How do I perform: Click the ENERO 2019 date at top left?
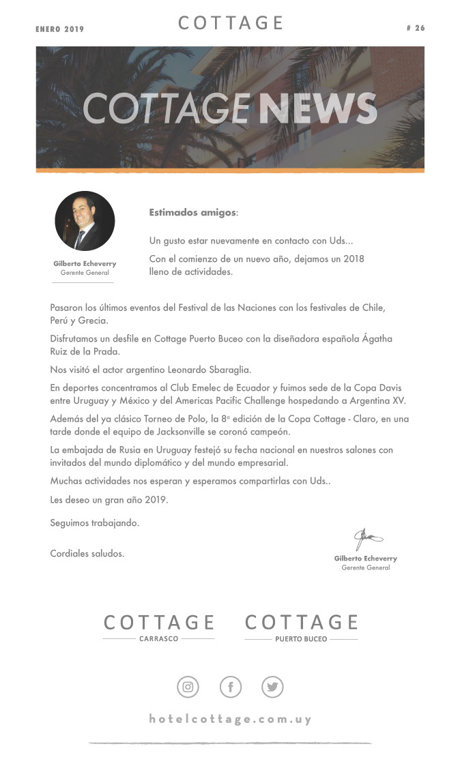pos(59,29)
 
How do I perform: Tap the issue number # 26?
pos(415,28)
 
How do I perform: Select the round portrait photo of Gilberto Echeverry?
pos(85,221)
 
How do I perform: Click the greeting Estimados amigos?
pos(193,213)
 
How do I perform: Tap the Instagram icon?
pos(188,687)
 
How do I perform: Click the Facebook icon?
pos(231,687)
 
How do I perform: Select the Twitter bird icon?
pos(272,687)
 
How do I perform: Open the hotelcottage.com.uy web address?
pos(230,719)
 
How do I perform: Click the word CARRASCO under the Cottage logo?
pos(158,639)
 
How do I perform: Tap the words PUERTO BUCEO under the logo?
pos(301,639)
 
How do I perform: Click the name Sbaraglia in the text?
pos(231,370)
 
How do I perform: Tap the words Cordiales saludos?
pos(87,553)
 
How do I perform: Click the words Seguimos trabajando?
pos(94,523)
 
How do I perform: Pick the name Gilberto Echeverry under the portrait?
pos(85,263)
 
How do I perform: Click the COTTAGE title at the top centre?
pos(231,23)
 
